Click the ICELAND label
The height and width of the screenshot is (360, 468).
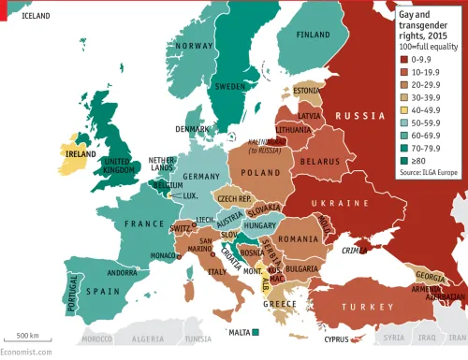(x=36, y=16)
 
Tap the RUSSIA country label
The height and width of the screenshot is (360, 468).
(x=361, y=115)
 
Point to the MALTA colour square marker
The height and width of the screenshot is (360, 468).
(x=256, y=332)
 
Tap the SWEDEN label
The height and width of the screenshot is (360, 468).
(x=232, y=86)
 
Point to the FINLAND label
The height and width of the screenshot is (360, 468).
(x=313, y=36)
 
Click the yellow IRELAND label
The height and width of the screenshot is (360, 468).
(x=80, y=152)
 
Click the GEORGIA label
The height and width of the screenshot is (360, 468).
(x=430, y=278)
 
